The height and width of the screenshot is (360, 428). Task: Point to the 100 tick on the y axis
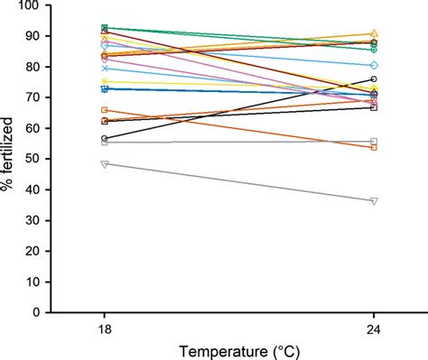click(x=33, y=6)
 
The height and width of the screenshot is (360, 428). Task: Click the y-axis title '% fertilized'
click(x=10, y=159)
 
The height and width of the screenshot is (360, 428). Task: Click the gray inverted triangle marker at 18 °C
click(x=105, y=164)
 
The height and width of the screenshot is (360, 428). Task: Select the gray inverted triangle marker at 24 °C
click(x=374, y=200)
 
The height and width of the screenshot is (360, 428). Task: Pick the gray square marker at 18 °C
click(x=105, y=143)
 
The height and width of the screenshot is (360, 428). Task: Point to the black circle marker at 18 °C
click(x=105, y=139)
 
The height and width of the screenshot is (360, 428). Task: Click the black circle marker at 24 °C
click(x=374, y=79)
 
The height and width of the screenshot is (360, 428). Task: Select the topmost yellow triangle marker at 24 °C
click(x=374, y=34)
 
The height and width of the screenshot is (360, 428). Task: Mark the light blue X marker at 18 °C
click(x=105, y=69)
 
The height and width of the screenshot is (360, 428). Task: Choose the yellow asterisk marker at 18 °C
click(x=105, y=82)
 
